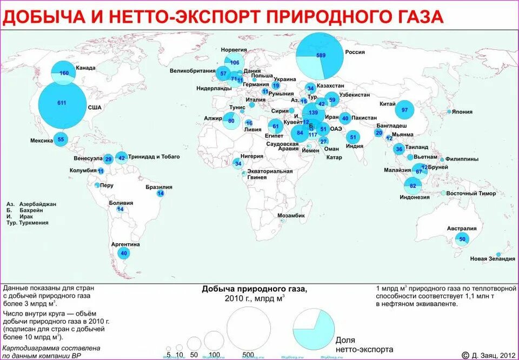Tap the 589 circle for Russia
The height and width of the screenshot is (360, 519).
pyautogui.click(x=321, y=55)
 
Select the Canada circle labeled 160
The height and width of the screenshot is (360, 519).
pyautogui.click(x=63, y=73)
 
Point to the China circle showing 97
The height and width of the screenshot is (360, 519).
pyautogui.click(x=404, y=110)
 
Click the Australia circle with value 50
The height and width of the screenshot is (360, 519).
pyautogui.click(x=462, y=239)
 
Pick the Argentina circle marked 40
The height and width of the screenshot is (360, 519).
pyautogui.click(x=124, y=253)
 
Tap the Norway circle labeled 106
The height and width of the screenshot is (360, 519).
pyautogui.click(x=235, y=62)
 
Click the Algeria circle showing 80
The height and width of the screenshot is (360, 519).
pyautogui.click(x=231, y=121)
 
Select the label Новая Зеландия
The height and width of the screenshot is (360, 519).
pyautogui.click(x=492, y=259)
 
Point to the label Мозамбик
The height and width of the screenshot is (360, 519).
pyautogui.click(x=291, y=215)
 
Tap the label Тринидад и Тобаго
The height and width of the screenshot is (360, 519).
pyautogui.click(x=154, y=157)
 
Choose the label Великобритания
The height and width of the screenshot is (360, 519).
pyautogui.click(x=193, y=71)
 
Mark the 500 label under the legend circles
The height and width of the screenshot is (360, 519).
pyautogui.click(x=248, y=355)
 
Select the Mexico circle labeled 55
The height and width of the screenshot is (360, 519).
pyautogui.click(x=61, y=139)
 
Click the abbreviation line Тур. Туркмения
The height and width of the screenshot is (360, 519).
pyautogui.click(x=28, y=223)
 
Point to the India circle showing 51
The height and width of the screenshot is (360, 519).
pyautogui.click(x=353, y=137)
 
